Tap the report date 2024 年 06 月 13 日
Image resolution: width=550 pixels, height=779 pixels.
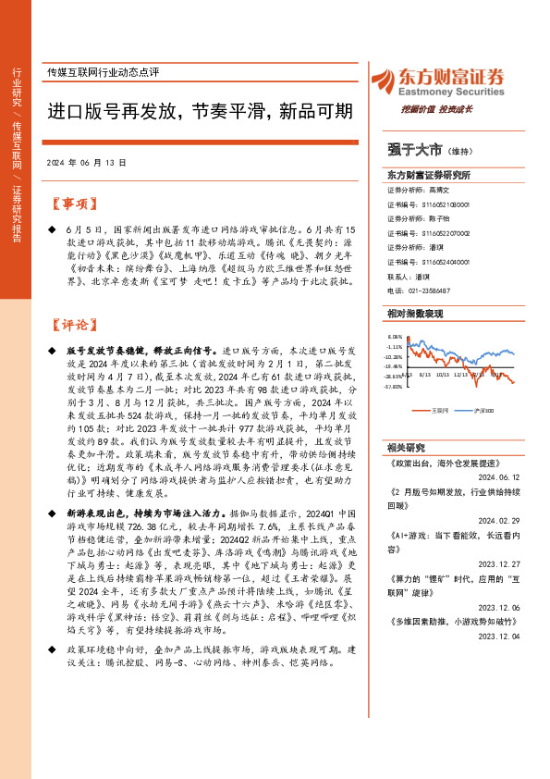[x=86, y=161]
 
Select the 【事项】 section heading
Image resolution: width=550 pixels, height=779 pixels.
[x=72, y=204]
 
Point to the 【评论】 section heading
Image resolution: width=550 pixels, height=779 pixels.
[x=72, y=325]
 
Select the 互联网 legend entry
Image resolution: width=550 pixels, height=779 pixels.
[x=441, y=410]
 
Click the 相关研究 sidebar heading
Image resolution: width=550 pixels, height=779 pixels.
[x=406, y=447]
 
